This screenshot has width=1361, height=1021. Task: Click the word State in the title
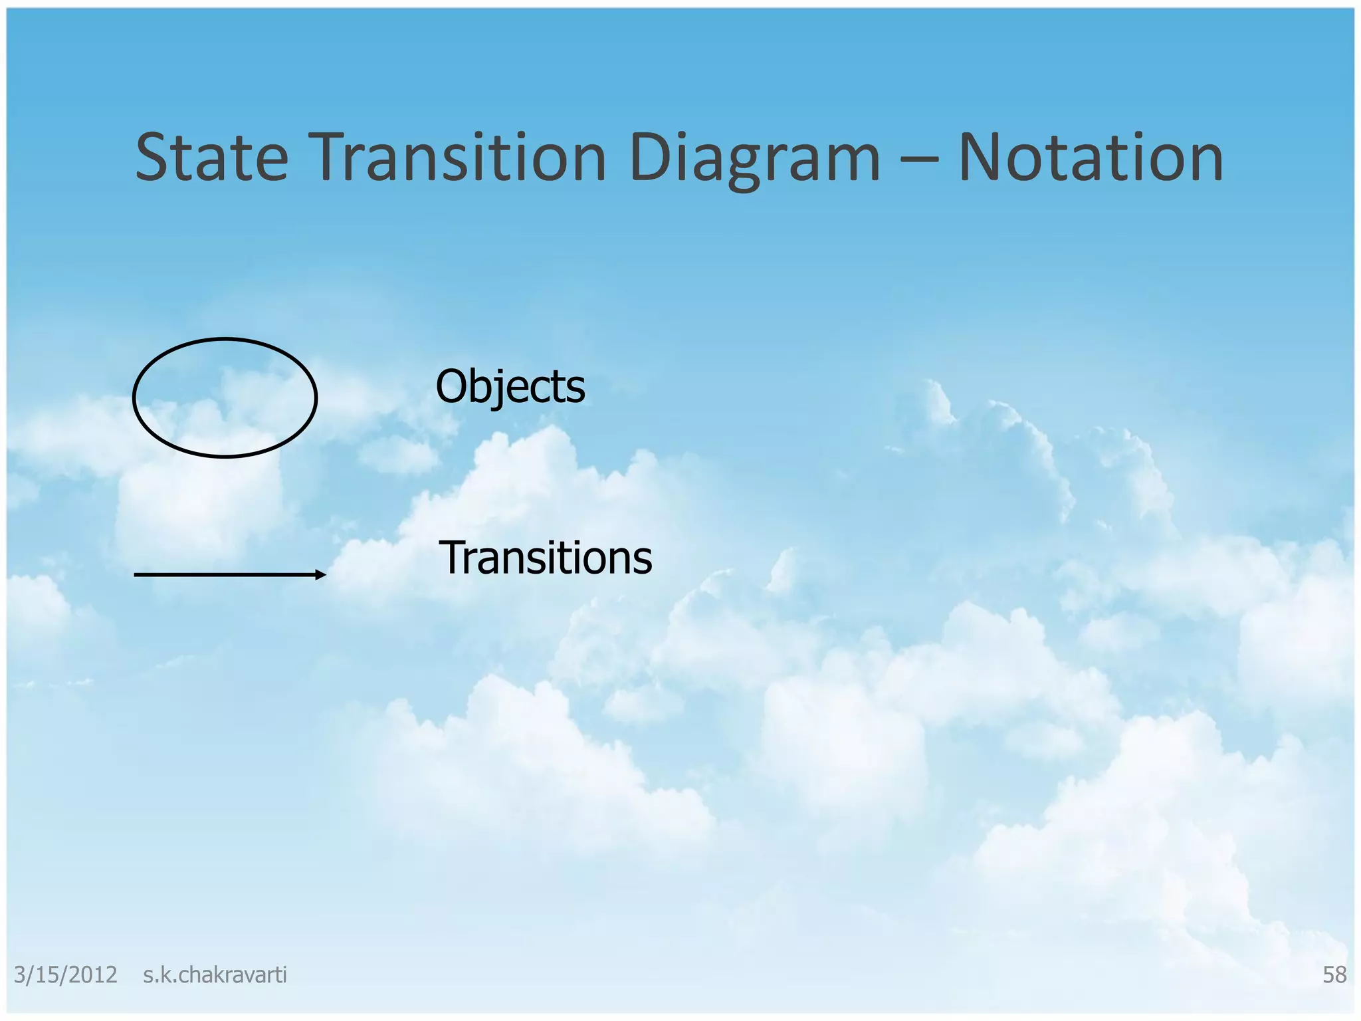point(211,158)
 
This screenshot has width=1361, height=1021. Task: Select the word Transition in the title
point(457,158)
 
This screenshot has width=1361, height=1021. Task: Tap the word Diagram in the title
point(754,158)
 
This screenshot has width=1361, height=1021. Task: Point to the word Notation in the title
point(1091,158)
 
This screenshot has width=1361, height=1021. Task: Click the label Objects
point(510,387)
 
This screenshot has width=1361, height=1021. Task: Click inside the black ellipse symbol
point(225,398)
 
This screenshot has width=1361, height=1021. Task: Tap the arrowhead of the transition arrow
point(320,574)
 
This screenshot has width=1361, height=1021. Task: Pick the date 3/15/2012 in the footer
point(65,974)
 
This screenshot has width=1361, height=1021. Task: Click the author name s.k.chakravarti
point(215,974)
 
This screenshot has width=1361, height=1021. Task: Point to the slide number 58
point(1334,974)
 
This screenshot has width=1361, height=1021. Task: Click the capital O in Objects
point(452,387)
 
